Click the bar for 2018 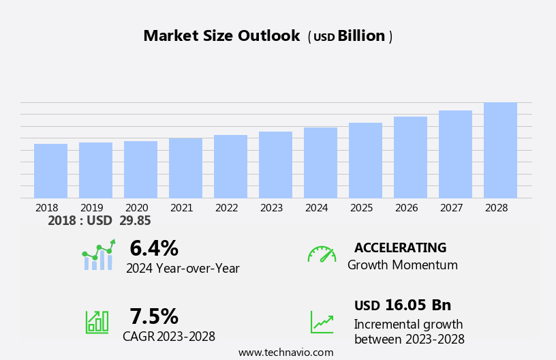[50, 171]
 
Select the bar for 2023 [275, 165]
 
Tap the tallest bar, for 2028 [500, 151]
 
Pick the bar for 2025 [365, 161]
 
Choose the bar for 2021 [185, 168]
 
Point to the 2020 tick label [136, 208]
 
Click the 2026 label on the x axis [406, 208]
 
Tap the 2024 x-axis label [316, 208]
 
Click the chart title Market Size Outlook [221, 36]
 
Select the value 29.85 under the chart [135, 221]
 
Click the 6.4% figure [154, 248]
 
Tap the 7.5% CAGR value [154, 316]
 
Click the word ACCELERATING [400, 248]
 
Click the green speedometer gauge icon [322, 254]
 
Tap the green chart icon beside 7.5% [97, 321]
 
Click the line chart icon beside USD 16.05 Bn [322, 322]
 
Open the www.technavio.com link [285, 352]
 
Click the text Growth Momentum [402, 265]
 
